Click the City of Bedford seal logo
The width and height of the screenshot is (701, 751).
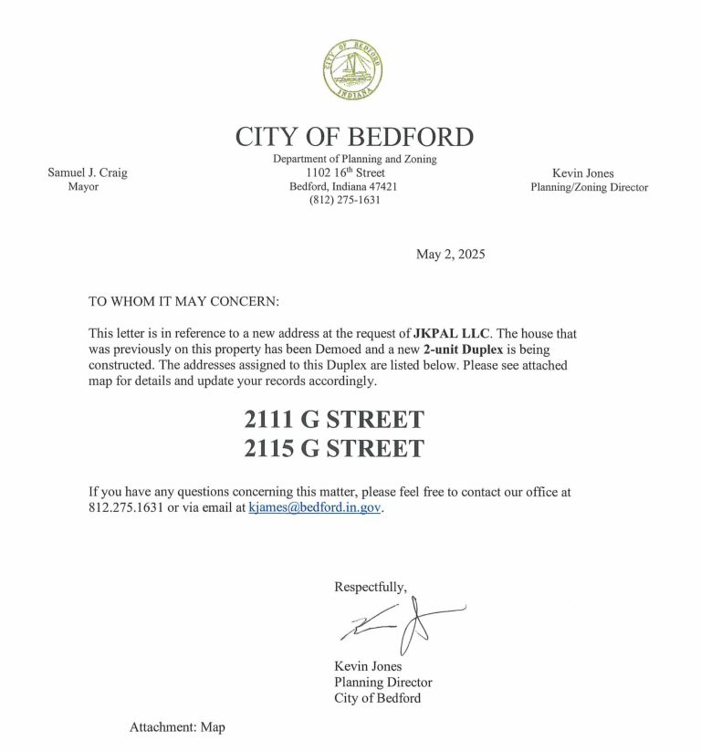coord(352,70)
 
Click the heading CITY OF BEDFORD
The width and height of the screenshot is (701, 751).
coord(354,137)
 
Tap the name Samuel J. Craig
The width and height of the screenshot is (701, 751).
coord(88,173)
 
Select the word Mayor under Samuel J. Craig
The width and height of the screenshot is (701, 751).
coord(83,187)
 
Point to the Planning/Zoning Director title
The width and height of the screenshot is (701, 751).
coord(589,187)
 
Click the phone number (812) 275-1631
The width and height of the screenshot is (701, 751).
coord(345,200)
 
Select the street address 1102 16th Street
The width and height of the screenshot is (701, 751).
coord(346,172)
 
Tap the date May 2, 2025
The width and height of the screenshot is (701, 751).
coord(451,255)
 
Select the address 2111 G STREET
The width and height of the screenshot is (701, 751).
coord(334,420)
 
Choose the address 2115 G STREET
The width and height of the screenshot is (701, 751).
coord(334,448)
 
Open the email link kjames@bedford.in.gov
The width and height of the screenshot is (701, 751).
coord(315,507)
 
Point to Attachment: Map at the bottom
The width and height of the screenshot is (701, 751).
coord(177,727)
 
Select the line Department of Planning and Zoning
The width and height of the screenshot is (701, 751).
coord(355,159)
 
